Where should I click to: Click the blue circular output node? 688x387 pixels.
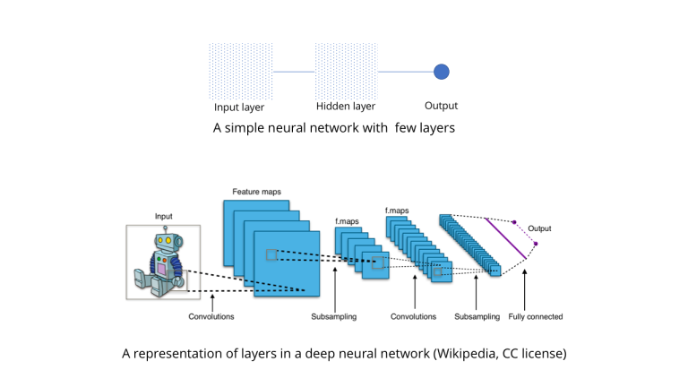[441, 72]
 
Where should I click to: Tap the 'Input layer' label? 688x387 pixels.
[239, 107]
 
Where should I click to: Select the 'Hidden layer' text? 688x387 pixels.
[345, 107]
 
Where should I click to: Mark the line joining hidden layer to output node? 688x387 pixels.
[405, 72]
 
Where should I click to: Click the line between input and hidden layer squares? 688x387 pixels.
[293, 72]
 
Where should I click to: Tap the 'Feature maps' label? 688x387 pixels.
[255, 192]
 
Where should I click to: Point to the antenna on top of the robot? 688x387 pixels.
[165, 228]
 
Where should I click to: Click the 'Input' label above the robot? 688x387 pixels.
[164, 216]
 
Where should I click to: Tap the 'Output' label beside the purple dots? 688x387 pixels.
[539, 228]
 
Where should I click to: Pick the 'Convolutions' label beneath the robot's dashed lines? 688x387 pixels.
[211, 316]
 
